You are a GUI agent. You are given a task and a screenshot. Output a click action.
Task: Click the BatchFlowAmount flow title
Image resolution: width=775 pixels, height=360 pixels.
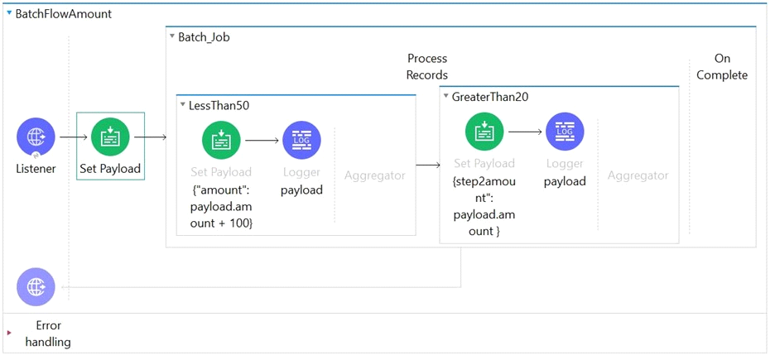[x=64, y=14]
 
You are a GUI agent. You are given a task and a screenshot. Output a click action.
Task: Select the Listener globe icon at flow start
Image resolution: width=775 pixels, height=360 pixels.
[x=36, y=137]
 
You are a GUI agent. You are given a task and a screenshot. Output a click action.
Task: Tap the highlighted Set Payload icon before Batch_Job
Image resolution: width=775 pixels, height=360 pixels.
[x=110, y=137]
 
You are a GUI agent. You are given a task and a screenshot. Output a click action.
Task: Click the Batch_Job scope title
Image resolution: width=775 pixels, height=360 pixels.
[x=204, y=37]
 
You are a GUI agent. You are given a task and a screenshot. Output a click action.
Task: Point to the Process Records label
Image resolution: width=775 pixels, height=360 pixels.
[x=427, y=67]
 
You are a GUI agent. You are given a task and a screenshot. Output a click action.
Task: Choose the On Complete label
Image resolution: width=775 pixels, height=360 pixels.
[x=722, y=67]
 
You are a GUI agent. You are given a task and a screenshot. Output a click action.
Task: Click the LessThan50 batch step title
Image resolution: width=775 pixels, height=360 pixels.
[x=223, y=105]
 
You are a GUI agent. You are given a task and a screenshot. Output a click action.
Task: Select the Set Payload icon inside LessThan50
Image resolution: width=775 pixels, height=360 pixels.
[x=221, y=140]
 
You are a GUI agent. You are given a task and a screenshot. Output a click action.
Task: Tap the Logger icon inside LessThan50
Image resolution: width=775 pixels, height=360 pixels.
[x=301, y=140]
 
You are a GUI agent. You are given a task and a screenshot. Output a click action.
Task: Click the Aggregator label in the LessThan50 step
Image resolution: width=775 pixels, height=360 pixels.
[x=374, y=175]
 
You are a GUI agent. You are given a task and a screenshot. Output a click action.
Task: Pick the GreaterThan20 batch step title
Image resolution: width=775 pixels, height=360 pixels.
[x=490, y=97]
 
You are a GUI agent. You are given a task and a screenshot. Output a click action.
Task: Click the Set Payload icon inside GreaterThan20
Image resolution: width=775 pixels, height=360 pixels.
[x=484, y=132]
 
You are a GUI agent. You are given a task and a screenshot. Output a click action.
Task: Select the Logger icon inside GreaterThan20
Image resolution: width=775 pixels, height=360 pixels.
[x=565, y=132]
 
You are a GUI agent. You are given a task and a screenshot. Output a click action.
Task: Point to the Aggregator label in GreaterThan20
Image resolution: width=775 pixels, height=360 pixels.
[x=638, y=175]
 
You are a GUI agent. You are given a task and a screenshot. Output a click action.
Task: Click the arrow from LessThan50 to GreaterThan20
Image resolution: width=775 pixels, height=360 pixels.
[x=428, y=165]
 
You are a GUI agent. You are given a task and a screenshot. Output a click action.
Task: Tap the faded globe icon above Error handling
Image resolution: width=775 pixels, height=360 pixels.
[x=36, y=287]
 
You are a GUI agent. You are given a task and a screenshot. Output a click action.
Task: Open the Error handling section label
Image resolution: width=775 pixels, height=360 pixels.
[x=48, y=334]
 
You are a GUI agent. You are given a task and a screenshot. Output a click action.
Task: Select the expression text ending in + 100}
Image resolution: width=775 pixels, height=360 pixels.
[x=221, y=206]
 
